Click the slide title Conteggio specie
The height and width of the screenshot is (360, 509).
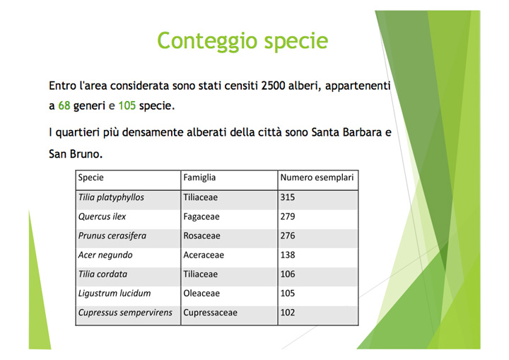242,41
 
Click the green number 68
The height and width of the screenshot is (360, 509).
64,105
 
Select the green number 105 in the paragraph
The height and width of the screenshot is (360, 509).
127,105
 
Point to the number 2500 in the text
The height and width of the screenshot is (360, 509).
273,86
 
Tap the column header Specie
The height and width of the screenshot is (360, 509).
91,178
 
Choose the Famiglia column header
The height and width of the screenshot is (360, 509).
199,178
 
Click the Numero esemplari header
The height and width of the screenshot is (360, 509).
317,178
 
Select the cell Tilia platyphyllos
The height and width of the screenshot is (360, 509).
111,197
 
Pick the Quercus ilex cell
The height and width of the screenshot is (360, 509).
102,216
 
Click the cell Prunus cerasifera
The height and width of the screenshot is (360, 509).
112,236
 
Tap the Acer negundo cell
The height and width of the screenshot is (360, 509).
105,255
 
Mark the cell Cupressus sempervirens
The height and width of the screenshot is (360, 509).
125,313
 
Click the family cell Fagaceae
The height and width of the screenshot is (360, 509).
201,216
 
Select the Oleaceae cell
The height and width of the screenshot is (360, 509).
201,294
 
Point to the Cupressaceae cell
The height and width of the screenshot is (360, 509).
211,313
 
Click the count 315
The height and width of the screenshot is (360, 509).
288,197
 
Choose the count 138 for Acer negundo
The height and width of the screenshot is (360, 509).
288,255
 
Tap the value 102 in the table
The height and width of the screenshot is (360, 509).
288,313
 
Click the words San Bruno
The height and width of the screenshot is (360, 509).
76,153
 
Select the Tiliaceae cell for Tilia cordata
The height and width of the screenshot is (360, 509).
200,274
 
